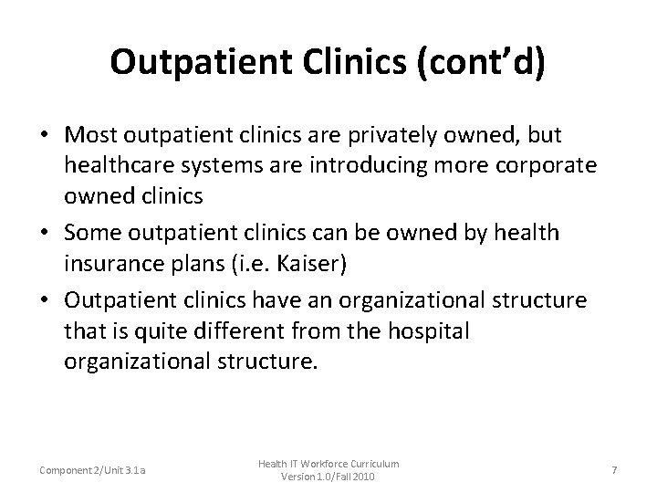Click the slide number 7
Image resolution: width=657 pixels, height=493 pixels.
click(614, 469)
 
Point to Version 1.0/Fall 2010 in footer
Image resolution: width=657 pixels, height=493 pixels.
click(328, 477)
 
